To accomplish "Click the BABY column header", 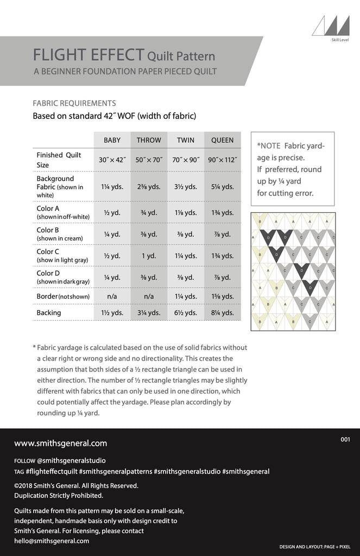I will (112, 140).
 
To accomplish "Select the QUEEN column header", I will (222, 140).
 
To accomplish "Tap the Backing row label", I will (49, 313).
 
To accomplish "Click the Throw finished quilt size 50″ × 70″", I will (148, 160).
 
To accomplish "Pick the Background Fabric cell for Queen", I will (222, 187).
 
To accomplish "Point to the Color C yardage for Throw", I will (148, 256).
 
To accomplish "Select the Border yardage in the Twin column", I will (185, 296).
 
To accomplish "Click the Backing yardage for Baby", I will (112, 313).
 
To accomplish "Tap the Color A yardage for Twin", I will (185, 213).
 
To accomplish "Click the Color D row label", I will (48, 273).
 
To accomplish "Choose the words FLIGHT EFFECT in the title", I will (89, 55).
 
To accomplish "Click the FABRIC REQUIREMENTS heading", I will (74, 103).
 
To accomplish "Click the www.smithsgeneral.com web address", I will (60, 443).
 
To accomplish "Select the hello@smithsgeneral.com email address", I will (52, 541).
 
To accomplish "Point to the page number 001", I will (346, 440).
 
